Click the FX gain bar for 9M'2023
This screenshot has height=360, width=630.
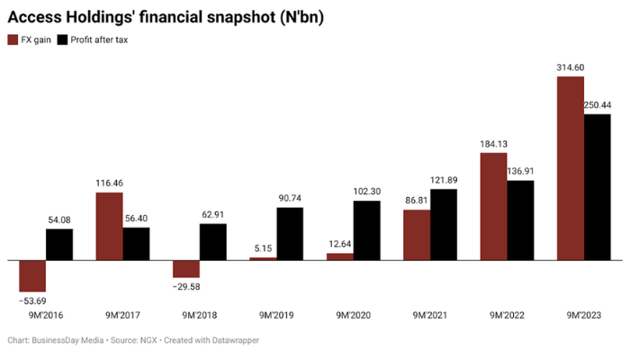(x=571, y=168)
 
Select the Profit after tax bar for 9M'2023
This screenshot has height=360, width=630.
(x=598, y=187)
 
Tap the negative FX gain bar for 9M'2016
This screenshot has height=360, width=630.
(x=32, y=275)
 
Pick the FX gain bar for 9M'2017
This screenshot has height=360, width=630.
(x=110, y=226)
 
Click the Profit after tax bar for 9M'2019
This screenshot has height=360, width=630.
(x=290, y=233)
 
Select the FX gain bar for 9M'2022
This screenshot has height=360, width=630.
(x=493, y=206)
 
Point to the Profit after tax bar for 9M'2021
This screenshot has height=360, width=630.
(x=444, y=224)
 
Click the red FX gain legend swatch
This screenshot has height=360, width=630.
(x=13, y=40)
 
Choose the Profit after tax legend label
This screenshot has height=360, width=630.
(x=100, y=40)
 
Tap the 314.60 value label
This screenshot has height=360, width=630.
(x=571, y=68)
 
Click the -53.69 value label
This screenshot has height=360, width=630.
(x=33, y=300)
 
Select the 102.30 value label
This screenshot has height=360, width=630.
(x=366, y=192)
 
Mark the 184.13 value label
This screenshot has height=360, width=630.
(x=493, y=144)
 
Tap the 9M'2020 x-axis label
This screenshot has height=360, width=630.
(x=354, y=315)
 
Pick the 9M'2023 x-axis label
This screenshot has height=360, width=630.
(x=584, y=315)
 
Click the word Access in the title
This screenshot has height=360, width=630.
(x=36, y=16)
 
